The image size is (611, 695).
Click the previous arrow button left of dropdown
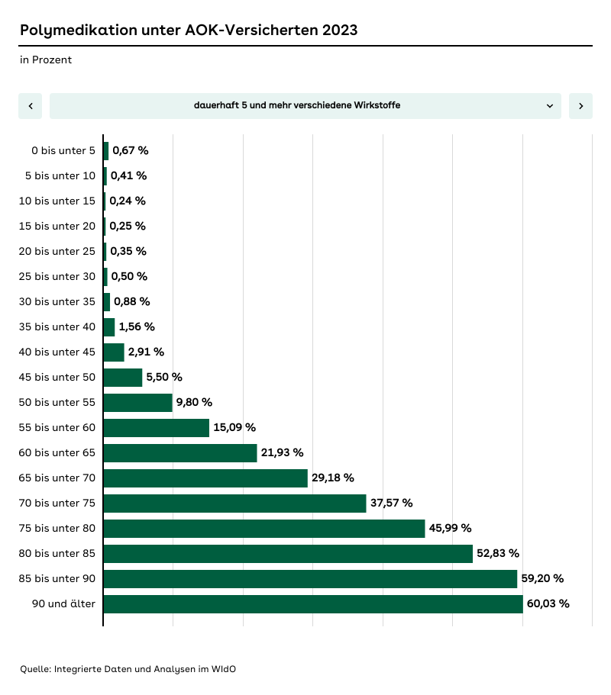[30, 106]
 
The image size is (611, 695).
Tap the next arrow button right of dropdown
[580, 106]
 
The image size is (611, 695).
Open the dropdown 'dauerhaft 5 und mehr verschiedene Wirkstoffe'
[305, 106]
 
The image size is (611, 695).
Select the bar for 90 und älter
[313, 604]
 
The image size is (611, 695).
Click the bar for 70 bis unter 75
[234, 504]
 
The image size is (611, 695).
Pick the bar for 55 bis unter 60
[156, 428]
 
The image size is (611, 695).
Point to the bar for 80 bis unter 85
[288, 554]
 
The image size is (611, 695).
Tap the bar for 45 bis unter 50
[123, 378]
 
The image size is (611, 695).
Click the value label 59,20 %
[542, 579]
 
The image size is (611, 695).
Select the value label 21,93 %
[283, 453]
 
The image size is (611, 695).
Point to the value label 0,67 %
[131, 150]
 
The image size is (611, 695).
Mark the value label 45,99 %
[450, 529]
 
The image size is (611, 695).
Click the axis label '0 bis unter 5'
[63, 151]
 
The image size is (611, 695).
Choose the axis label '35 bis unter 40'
[57, 327]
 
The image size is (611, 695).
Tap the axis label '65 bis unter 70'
[57, 478]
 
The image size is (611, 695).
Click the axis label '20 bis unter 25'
[57, 252]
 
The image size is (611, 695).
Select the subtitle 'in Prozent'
[46, 60]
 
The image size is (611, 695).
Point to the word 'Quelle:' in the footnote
[36, 669]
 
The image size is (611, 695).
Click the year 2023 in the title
[339, 31]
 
